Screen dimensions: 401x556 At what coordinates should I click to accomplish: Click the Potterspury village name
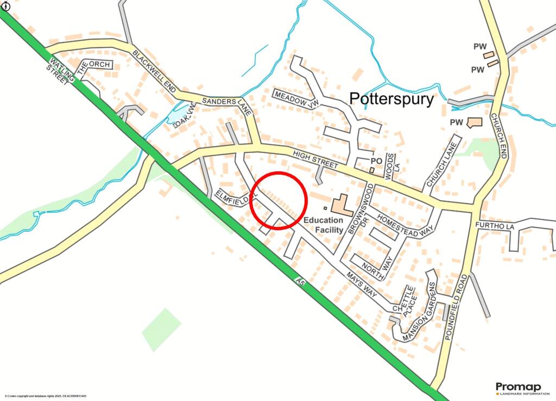coord(391,99)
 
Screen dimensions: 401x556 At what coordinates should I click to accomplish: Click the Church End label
coord(498,135)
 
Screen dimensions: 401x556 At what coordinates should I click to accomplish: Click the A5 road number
coord(300,281)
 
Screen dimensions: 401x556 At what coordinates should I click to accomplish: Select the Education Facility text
coord(323,225)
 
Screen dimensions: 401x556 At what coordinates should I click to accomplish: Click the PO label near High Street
coord(376,161)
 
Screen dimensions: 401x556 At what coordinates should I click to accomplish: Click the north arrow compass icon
coord(6,5)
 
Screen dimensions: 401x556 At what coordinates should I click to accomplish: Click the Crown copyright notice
coord(46,396)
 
